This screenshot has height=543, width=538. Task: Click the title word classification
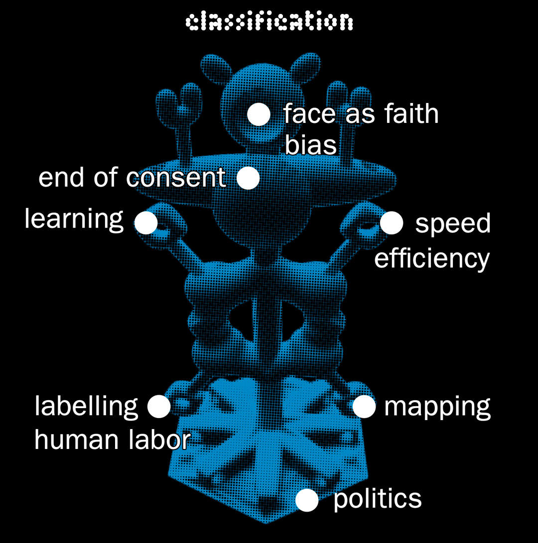click(269, 21)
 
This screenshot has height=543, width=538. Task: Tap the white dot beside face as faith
click(259, 114)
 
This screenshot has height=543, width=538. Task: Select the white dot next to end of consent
click(248, 178)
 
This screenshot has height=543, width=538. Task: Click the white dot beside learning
click(146, 222)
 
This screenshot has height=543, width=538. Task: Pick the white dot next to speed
click(392, 222)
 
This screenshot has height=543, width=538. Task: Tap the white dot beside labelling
click(159, 406)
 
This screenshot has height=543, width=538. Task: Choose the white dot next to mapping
click(364, 406)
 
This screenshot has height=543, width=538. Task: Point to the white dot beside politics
click(307, 500)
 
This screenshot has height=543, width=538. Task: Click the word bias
click(310, 145)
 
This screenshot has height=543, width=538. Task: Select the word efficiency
click(432, 259)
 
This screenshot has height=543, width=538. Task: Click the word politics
click(377, 499)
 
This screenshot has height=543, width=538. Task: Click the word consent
click(176, 178)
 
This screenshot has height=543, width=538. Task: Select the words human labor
click(112, 440)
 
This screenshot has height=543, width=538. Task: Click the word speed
click(453, 224)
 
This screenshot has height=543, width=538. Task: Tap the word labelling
click(86, 406)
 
